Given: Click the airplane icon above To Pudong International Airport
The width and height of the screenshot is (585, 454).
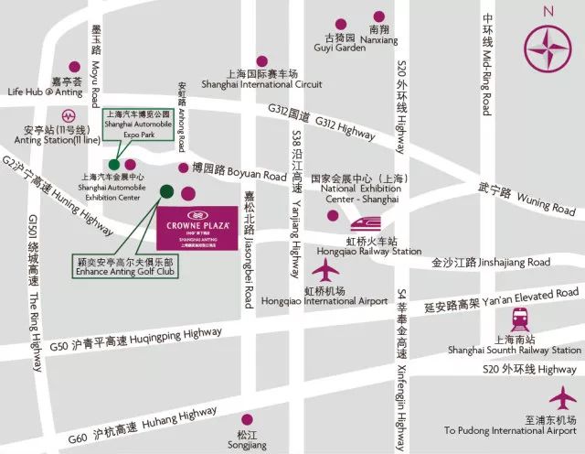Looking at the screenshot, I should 563,399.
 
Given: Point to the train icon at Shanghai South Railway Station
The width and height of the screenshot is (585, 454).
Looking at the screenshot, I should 521,319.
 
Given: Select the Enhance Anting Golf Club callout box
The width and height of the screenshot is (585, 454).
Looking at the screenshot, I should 127,266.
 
